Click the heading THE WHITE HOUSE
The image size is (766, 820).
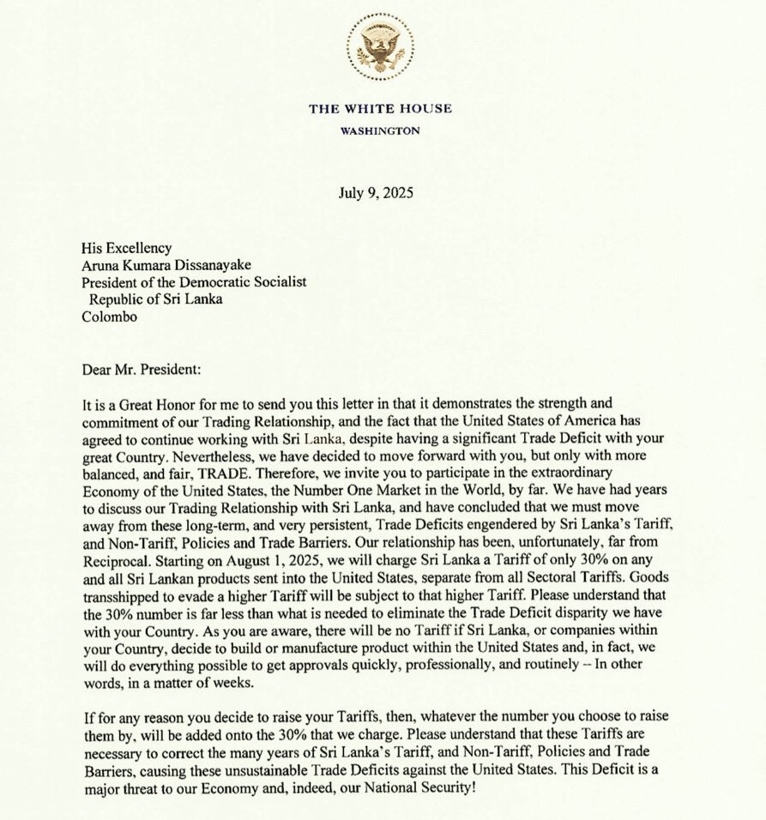point(379,109)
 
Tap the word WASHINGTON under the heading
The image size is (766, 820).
point(380,131)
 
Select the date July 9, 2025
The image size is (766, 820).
point(377,192)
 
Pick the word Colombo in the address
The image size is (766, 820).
point(109,316)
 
